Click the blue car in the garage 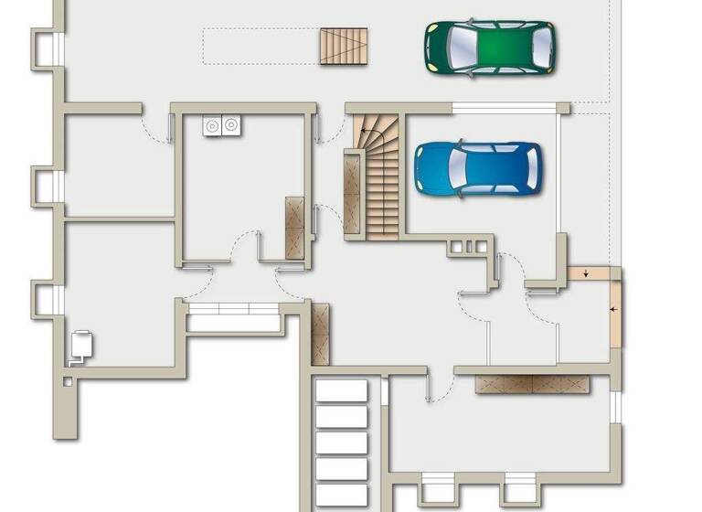tap(478, 169)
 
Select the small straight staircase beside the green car tap(344, 46)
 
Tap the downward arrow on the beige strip tap(586, 272)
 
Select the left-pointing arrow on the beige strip tap(614, 310)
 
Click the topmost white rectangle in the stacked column tap(341, 391)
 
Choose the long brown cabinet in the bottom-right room tap(532, 385)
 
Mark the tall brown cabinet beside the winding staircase tap(352, 197)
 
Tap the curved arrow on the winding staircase tap(367, 137)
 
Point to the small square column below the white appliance tap(67, 380)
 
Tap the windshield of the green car tap(517, 48)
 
